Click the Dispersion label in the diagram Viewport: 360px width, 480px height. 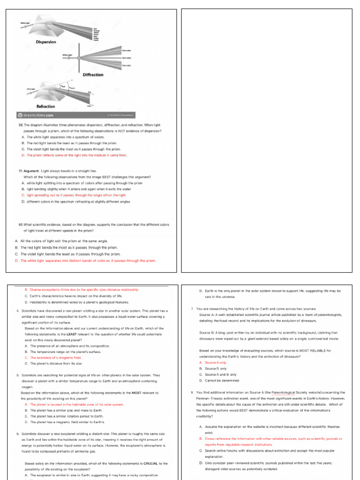(x=46, y=42)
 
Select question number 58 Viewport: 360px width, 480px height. (x=21, y=126)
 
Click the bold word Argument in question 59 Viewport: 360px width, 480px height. (x=33, y=172)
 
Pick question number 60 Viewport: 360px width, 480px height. (x=21, y=225)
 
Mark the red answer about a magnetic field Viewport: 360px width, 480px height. (x=56, y=357)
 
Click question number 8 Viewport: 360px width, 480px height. (x=193, y=392)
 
